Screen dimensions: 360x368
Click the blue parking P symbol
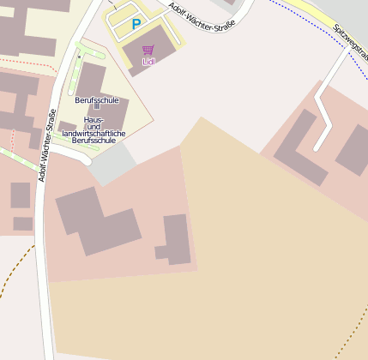coord(136,25)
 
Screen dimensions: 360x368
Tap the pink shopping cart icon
coord(148,51)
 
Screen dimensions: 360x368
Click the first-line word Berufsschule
coord(96,100)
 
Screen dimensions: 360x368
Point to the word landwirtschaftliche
coord(96,134)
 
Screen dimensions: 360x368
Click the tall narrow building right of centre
coord(177,237)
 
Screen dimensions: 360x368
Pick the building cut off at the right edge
coord(354,150)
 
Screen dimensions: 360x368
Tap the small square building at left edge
coord(20,195)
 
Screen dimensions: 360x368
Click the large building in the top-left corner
coord(26,26)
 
